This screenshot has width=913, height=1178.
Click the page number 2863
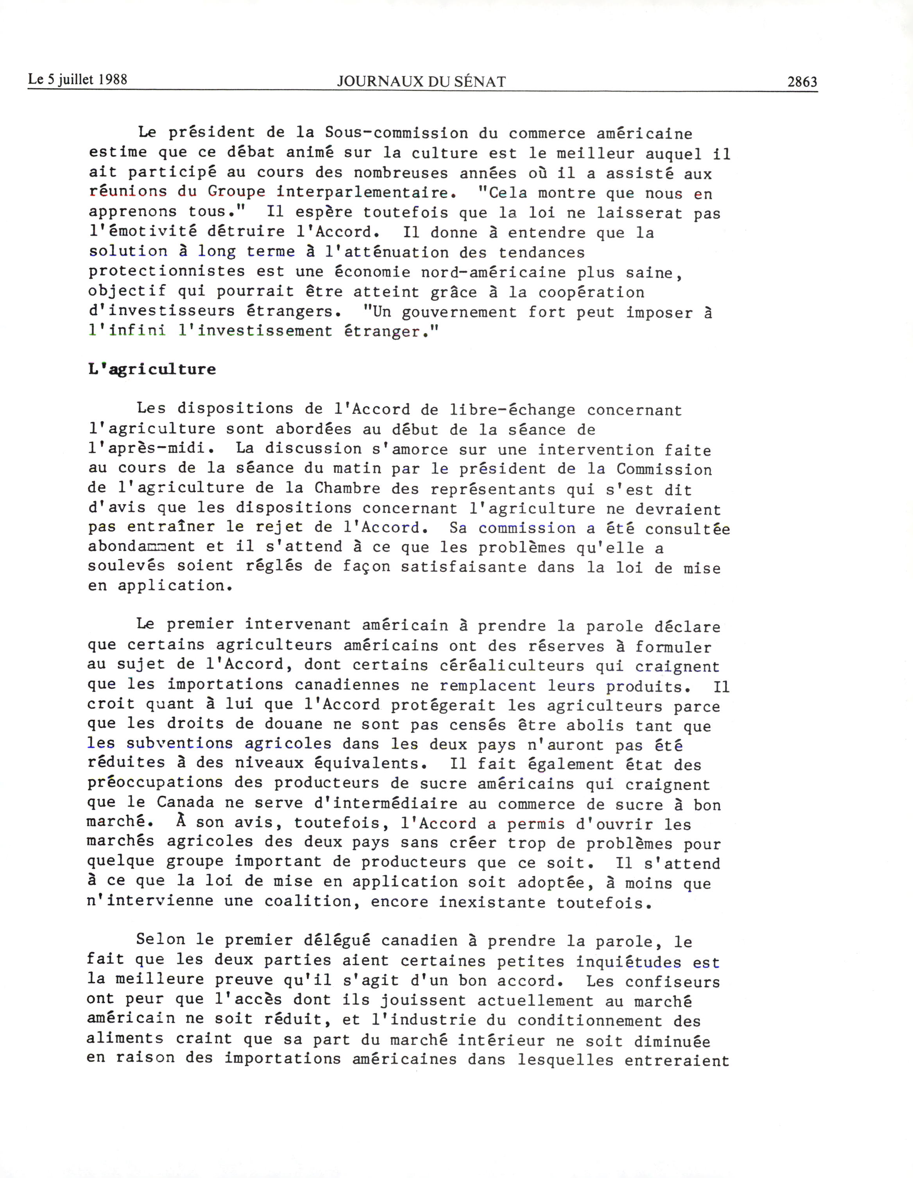[802, 82]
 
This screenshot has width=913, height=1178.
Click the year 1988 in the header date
[113, 79]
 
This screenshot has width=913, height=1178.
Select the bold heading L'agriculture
[152, 369]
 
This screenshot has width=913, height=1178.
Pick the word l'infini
[127, 331]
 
